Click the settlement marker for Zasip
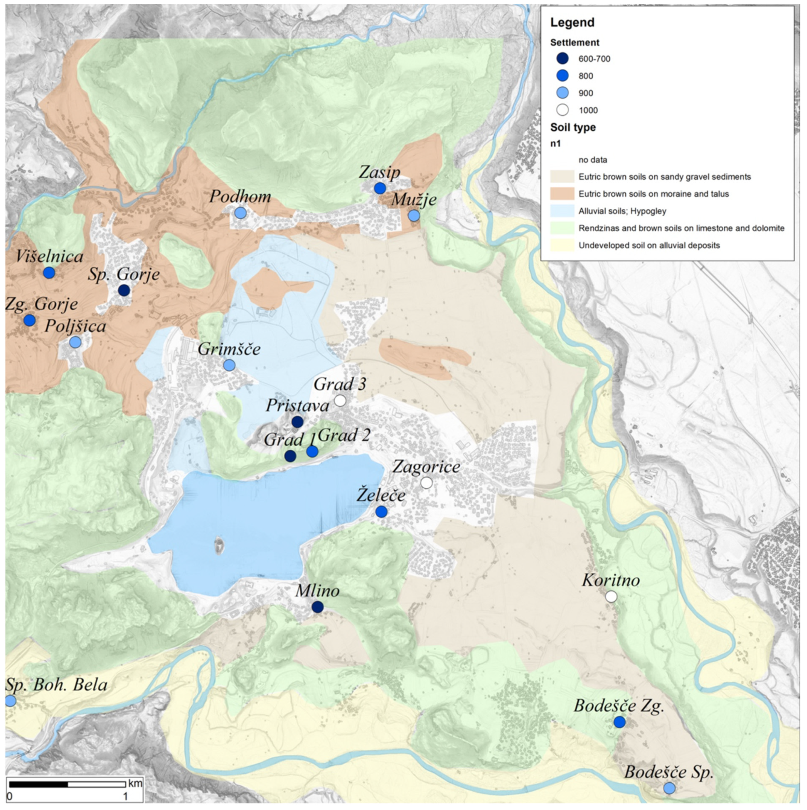point(380,188)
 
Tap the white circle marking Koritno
point(611,597)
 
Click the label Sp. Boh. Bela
point(57,685)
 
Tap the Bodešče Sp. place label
point(669,772)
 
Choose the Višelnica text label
point(49,257)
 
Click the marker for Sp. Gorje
point(124,290)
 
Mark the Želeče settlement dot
point(381,511)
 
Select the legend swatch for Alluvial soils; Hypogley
point(562,211)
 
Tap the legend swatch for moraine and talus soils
point(562,194)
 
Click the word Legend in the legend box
point(572,22)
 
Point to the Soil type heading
point(573,127)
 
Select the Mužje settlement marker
point(414,215)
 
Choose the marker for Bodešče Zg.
point(620,722)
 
